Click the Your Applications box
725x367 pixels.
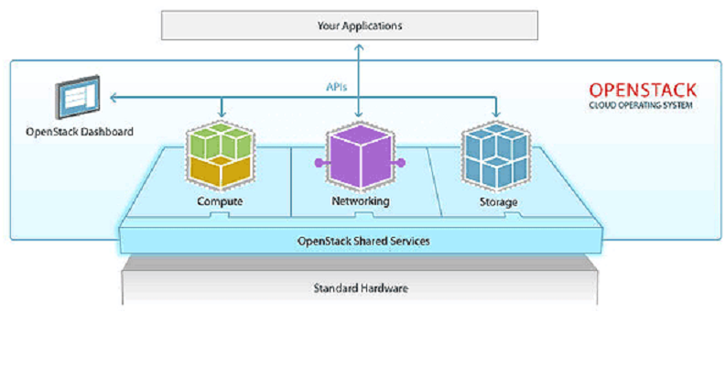[x=350, y=26]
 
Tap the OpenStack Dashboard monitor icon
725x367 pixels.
[x=78, y=97]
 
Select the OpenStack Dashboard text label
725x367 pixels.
[x=80, y=132]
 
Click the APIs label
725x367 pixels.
[x=336, y=87]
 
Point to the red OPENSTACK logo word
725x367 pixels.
[x=643, y=90]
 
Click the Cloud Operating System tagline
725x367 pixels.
[x=641, y=106]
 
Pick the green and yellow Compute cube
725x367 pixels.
[x=221, y=156]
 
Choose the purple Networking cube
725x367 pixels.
[x=360, y=157]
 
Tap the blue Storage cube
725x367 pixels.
[x=496, y=157]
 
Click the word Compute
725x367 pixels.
[x=220, y=202]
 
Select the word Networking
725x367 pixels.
[x=361, y=202]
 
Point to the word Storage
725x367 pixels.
[x=498, y=202]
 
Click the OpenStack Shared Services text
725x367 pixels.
[x=364, y=242]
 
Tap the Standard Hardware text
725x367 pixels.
[x=361, y=288]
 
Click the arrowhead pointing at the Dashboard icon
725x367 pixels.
[x=114, y=97]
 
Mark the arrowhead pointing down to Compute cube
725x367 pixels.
[x=222, y=113]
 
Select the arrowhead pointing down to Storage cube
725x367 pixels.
[x=497, y=113]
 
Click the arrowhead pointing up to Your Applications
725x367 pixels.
[x=359, y=48]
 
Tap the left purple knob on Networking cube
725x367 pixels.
[x=319, y=162]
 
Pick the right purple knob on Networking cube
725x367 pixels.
[x=401, y=162]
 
